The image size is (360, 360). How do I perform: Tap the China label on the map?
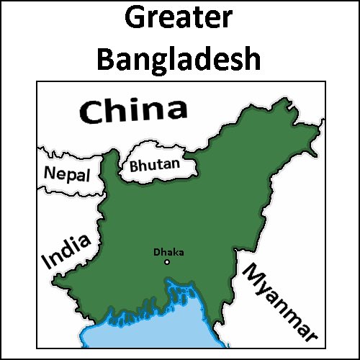132,112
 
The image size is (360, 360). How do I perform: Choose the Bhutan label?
154,165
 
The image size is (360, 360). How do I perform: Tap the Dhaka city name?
168,252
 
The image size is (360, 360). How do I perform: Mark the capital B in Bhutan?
135,166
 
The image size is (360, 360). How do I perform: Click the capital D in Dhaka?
157,252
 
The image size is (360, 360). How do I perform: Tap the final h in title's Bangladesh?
251,59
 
